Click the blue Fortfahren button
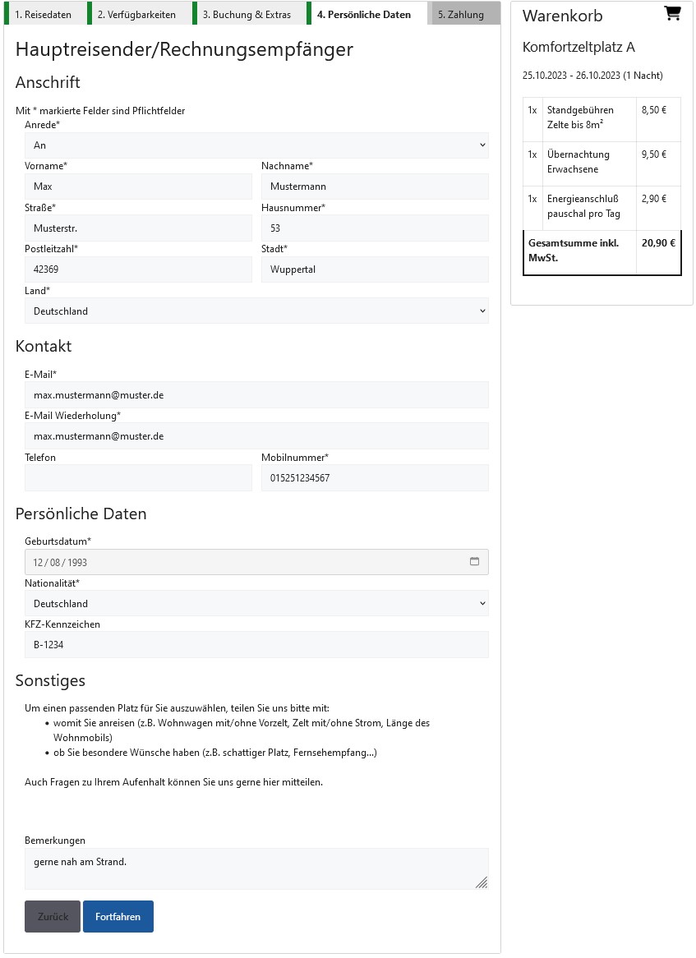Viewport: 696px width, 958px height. (118, 916)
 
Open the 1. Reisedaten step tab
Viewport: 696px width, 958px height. (43, 14)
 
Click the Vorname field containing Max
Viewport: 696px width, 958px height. (138, 187)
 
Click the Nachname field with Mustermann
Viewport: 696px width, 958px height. (375, 187)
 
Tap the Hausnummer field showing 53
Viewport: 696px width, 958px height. (375, 228)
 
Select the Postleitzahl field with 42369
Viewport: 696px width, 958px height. (138, 269)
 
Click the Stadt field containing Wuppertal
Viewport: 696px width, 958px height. (375, 269)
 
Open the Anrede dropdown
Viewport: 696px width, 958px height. (256, 145)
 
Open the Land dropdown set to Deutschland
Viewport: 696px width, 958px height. (256, 311)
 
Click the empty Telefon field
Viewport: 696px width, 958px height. (138, 477)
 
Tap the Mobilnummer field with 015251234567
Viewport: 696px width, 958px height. (375, 477)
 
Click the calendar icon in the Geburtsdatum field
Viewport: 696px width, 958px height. (474, 562)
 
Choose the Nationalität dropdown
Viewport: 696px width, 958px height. (256, 604)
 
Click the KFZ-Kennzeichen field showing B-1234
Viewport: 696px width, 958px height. (256, 645)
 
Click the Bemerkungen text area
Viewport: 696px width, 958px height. (256, 868)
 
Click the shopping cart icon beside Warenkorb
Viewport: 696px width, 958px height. (672, 13)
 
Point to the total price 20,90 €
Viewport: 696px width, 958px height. (658, 243)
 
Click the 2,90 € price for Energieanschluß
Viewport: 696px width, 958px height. (653, 199)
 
